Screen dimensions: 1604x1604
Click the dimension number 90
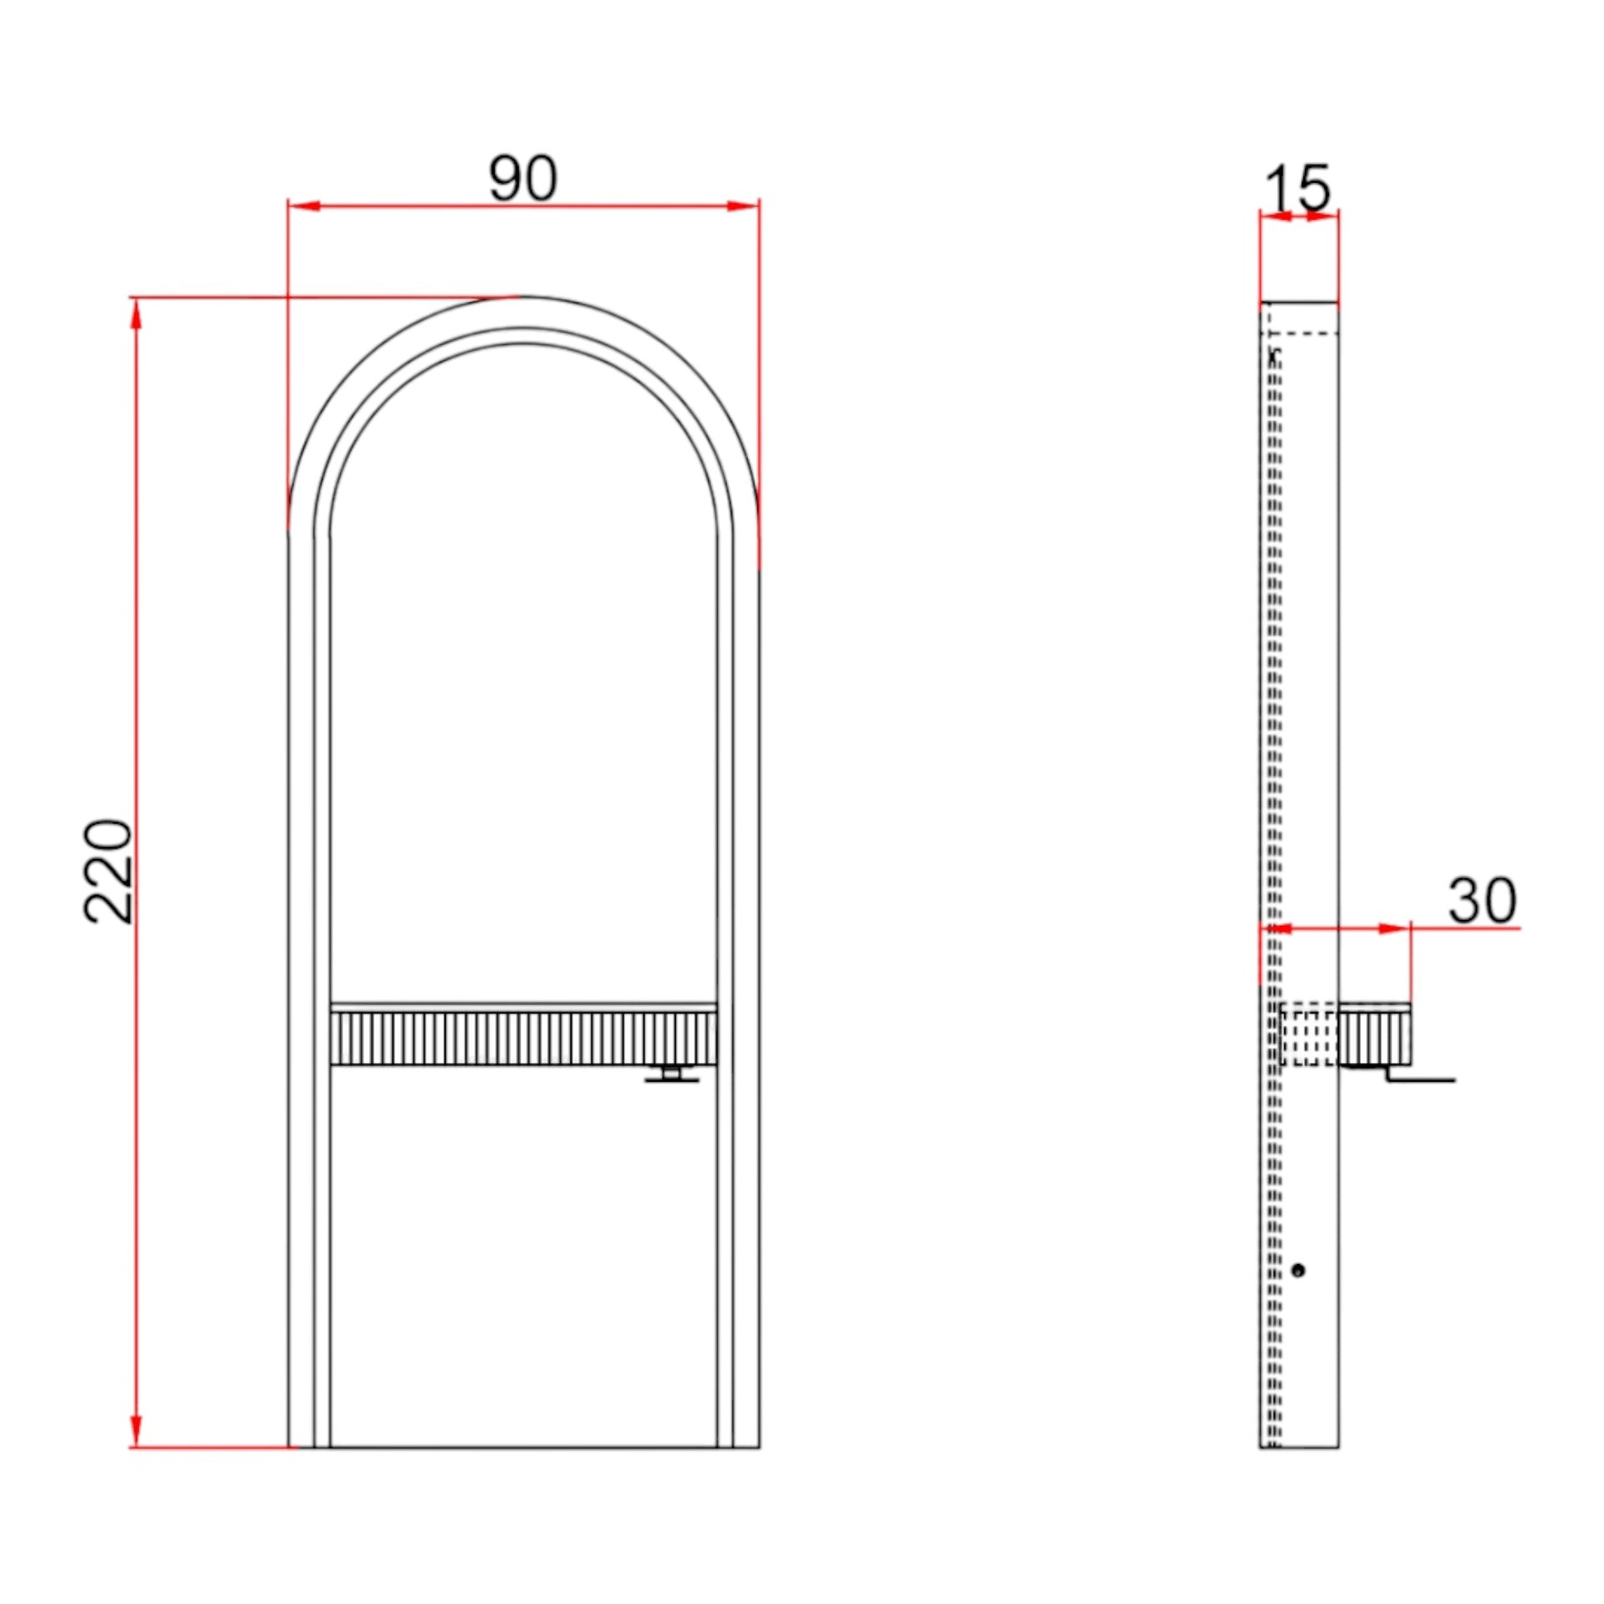pyautogui.click(x=522, y=177)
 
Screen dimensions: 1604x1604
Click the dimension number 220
pyautogui.click(x=109, y=871)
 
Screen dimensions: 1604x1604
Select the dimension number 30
pyautogui.click(x=1482, y=900)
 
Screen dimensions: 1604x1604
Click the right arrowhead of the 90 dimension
pyautogui.click(x=743, y=206)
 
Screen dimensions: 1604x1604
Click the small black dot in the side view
pyautogui.click(x=1297, y=1271)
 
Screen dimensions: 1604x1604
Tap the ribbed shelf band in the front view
pyautogui.click(x=524, y=1038)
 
